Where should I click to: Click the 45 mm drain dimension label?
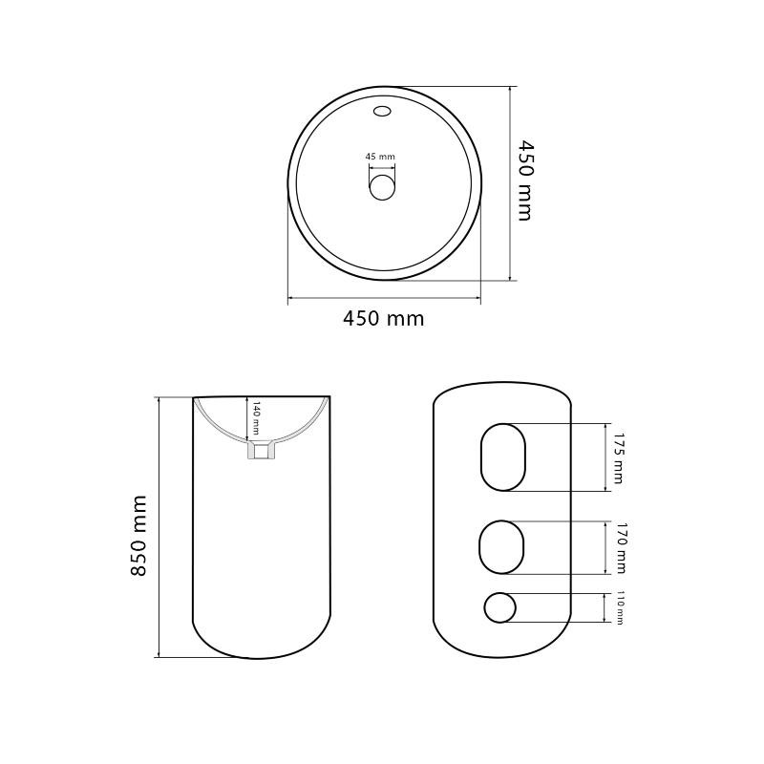click(380, 157)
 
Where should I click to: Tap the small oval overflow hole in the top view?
click(383, 111)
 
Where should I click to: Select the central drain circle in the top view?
click(382, 187)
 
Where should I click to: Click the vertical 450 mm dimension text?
click(524, 180)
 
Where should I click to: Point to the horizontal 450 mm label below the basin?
click(384, 319)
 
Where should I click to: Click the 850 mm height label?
click(138, 536)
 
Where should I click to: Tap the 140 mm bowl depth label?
click(256, 418)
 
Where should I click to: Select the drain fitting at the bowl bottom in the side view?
click(262, 450)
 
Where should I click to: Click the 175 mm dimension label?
click(618, 458)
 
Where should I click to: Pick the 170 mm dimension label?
click(620, 547)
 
